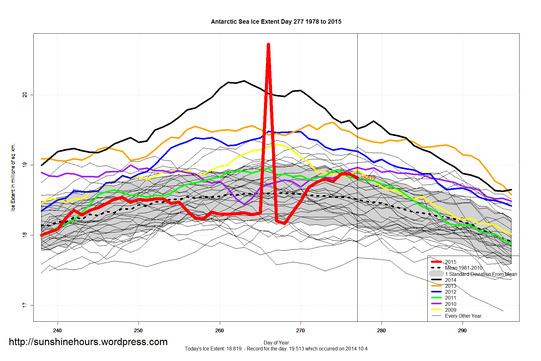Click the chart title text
click(x=276, y=22)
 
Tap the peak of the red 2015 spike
click(x=268, y=45)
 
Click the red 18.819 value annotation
click(x=368, y=178)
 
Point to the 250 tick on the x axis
click(x=138, y=330)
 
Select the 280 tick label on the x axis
click(x=381, y=330)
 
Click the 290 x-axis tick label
click(x=462, y=330)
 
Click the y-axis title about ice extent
click(x=13, y=177)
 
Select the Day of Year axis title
click(x=276, y=343)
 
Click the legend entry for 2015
click(x=450, y=262)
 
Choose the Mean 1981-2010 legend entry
click(x=463, y=268)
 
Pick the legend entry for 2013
click(x=450, y=286)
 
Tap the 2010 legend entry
click(x=450, y=304)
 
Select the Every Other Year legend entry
click(x=463, y=316)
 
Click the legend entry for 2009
click(x=450, y=310)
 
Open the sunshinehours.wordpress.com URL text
click(x=88, y=342)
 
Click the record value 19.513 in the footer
click(x=296, y=349)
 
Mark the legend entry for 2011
click(x=450, y=298)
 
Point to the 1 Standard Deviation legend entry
click(x=481, y=274)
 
